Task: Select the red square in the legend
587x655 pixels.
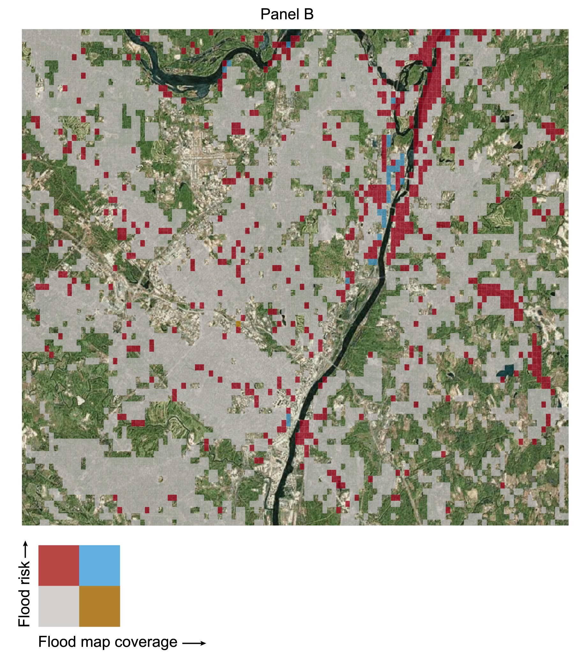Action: click(x=59, y=566)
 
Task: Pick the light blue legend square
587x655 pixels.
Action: click(x=99, y=566)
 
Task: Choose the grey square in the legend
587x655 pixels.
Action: click(x=59, y=606)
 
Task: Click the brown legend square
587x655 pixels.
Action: click(x=99, y=606)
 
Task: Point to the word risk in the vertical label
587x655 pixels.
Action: click(x=24, y=572)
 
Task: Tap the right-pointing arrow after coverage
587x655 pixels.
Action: click(x=194, y=644)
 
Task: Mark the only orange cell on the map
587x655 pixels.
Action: click(x=238, y=324)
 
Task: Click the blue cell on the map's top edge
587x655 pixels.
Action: click(x=448, y=32)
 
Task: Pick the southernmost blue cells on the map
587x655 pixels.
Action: click(x=288, y=420)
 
